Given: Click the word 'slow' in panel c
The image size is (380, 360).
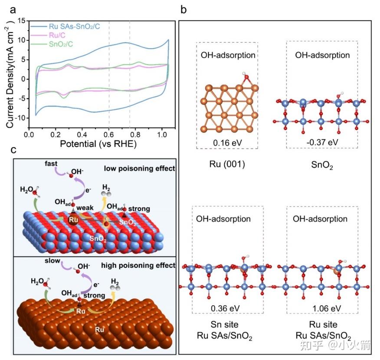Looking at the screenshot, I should (52, 263).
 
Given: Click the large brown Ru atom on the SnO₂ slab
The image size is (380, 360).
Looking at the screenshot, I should (73, 219).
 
